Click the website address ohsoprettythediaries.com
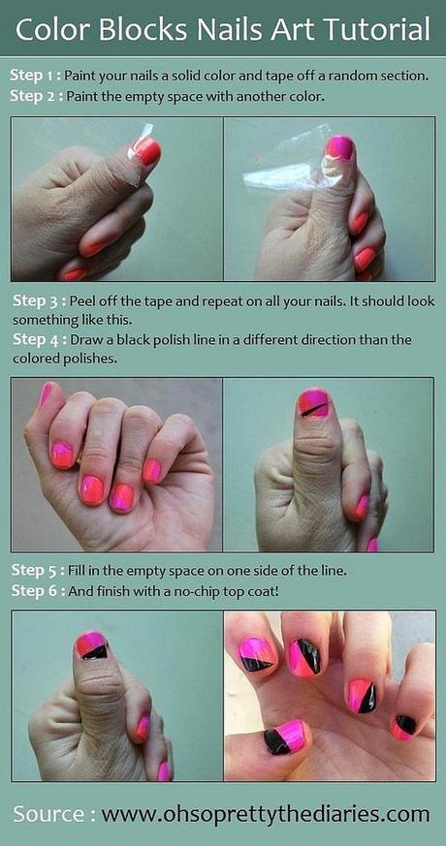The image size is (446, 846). [265, 814]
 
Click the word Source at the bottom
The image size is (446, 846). [48, 813]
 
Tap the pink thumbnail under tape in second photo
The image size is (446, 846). [340, 148]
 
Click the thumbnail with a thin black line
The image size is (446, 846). [314, 403]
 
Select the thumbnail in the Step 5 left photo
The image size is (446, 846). [91, 645]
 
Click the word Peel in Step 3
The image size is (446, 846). [80, 300]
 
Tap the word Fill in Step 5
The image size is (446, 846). [77, 570]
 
